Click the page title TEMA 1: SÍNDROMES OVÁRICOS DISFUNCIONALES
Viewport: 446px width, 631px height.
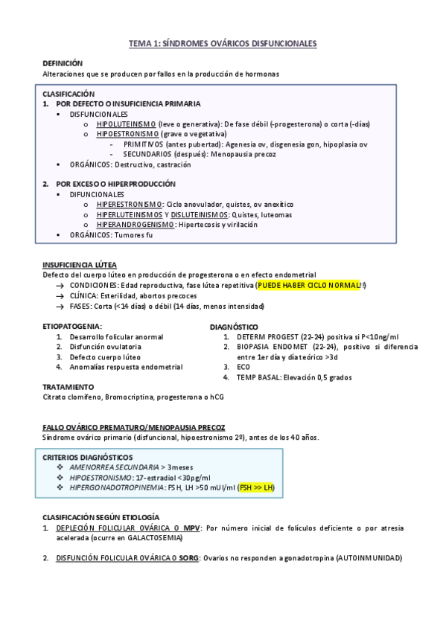pyautogui.click(x=223, y=45)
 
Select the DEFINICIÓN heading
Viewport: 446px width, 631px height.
pyautogui.click(x=63, y=64)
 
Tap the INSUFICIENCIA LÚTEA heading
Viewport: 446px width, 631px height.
pyautogui.click(x=79, y=264)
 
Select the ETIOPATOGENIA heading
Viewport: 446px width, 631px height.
pyautogui.click(x=72, y=326)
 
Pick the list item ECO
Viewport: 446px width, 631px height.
pyautogui.click(x=243, y=367)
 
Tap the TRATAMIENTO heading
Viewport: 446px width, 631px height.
pyautogui.click(x=68, y=387)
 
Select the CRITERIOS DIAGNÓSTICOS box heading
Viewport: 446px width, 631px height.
pyautogui.click(x=88, y=457)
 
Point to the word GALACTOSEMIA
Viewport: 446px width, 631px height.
pyautogui.click(x=145, y=536)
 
